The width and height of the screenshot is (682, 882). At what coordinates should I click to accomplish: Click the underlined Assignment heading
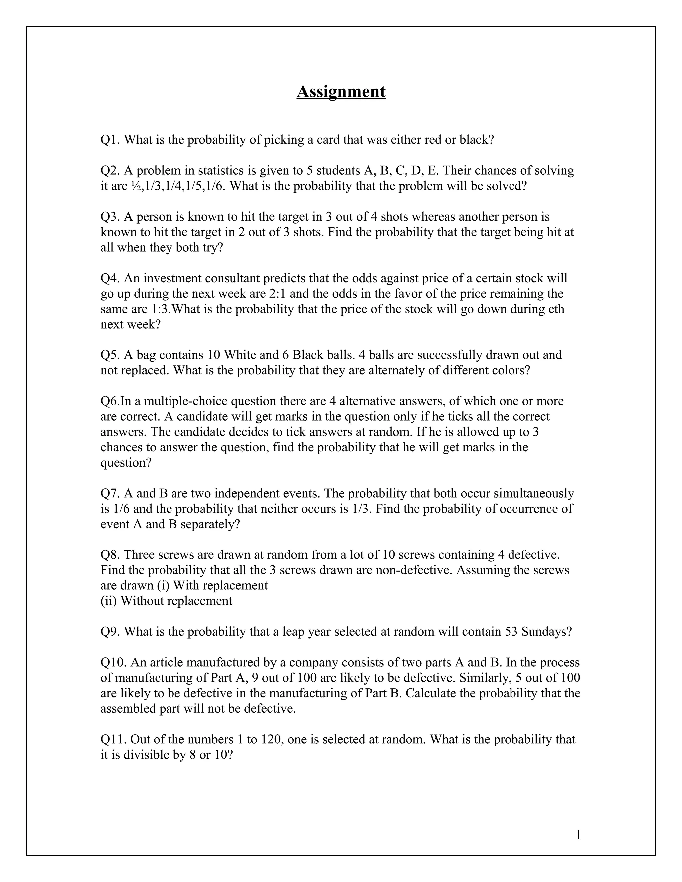point(341,91)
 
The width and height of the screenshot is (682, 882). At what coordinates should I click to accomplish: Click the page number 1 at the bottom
point(578,835)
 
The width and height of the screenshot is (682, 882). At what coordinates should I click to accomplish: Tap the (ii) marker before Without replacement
point(108,600)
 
